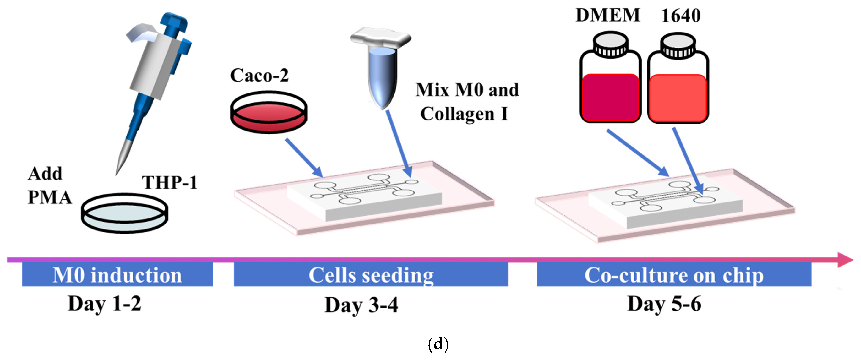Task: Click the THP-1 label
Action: click(x=170, y=183)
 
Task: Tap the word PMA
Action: click(x=50, y=197)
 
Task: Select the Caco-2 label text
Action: click(x=259, y=75)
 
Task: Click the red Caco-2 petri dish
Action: click(x=269, y=112)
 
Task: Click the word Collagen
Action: click(x=457, y=114)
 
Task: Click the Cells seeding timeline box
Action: click(x=371, y=274)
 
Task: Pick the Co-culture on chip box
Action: click(x=674, y=274)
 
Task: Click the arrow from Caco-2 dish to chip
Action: click(x=304, y=158)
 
